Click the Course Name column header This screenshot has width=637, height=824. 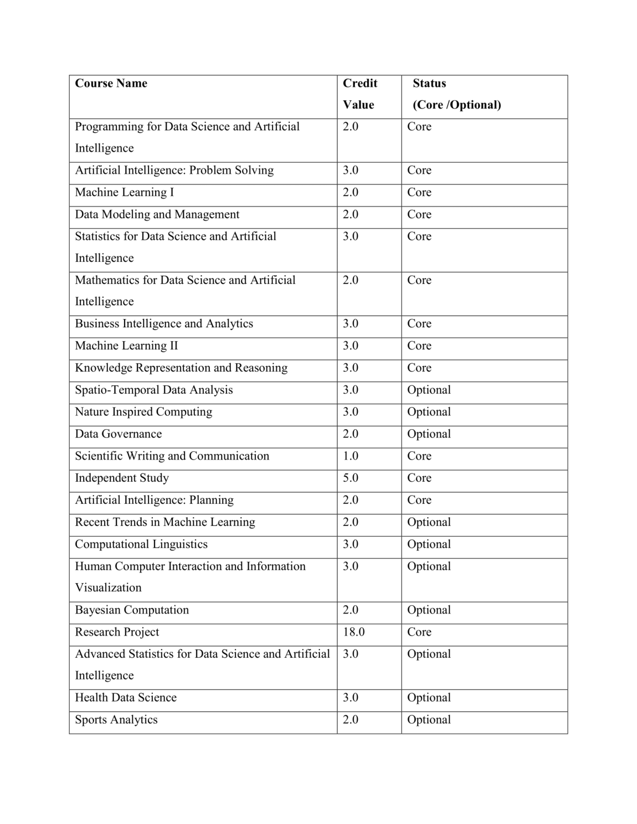click(111, 84)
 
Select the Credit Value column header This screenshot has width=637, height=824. click(360, 94)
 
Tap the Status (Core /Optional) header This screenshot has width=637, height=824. click(456, 94)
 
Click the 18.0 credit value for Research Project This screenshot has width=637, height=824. click(354, 632)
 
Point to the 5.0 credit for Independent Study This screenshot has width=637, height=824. click(350, 478)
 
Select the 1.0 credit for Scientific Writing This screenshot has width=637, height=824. click(350, 456)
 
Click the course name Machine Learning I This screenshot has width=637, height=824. click(125, 192)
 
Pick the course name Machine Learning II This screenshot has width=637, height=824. click(126, 345)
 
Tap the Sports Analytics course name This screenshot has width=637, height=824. click(116, 720)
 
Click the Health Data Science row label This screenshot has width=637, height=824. click(126, 697)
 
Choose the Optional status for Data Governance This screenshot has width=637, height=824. click(429, 434)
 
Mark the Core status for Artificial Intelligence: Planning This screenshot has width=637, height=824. click(419, 500)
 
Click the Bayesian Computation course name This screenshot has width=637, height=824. click(131, 610)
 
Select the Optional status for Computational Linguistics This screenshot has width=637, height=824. click(429, 544)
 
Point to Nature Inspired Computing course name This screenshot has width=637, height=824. click(143, 412)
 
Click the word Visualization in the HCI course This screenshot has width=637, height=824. click(108, 588)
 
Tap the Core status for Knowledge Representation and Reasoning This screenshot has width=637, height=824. click(419, 368)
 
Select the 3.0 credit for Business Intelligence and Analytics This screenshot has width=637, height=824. click(350, 323)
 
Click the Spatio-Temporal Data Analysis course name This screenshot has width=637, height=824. click(153, 390)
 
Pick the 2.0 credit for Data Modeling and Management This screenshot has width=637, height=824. click(350, 214)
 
